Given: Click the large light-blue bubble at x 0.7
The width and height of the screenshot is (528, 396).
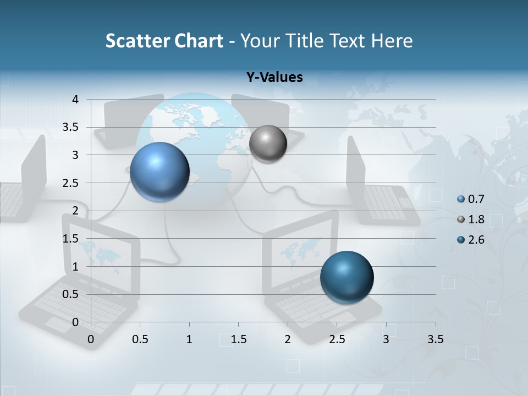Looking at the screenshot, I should click(x=160, y=172).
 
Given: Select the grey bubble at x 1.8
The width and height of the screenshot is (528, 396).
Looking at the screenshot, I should click(x=268, y=144).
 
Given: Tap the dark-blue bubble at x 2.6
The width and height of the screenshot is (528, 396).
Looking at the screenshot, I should click(x=346, y=277).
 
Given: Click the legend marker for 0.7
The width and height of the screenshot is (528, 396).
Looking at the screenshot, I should click(x=461, y=199).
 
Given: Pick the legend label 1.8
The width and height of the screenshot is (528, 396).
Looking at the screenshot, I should click(x=476, y=219).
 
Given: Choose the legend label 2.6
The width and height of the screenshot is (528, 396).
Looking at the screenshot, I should click(x=476, y=240).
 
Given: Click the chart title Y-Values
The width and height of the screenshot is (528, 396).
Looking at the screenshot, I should click(x=274, y=78).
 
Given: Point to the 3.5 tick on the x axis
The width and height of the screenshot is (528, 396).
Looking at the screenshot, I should click(x=436, y=339).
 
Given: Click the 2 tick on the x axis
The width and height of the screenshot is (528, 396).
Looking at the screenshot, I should click(x=288, y=339).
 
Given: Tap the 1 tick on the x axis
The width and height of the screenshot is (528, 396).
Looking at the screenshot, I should click(x=189, y=339).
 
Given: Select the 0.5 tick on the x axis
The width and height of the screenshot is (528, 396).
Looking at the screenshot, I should click(x=140, y=339).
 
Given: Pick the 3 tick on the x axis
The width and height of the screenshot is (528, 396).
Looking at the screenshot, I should click(x=386, y=339).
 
